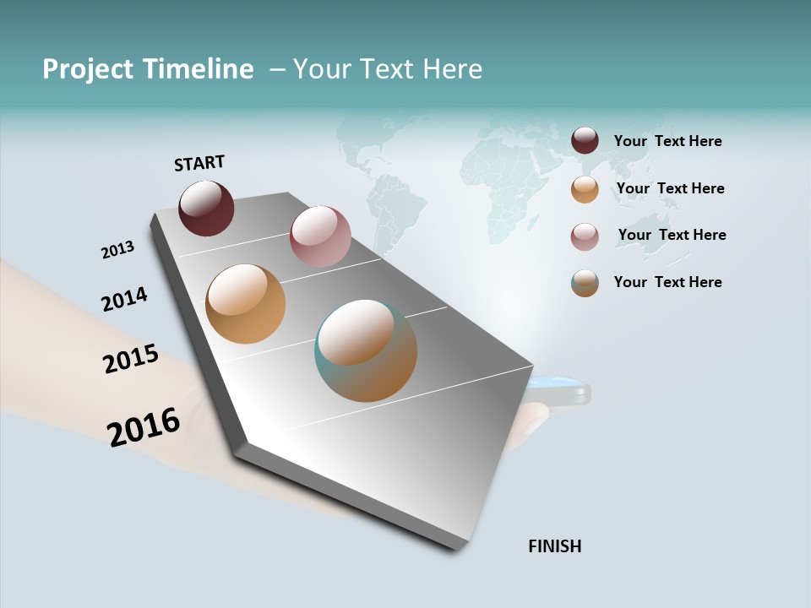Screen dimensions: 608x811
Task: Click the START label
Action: pyautogui.click(x=199, y=163)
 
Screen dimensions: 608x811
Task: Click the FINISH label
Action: pyautogui.click(x=554, y=546)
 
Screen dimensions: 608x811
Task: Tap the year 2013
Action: pyautogui.click(x=117, y=250)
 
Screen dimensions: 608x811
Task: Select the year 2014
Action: pyautogui.click(x=124, y=299)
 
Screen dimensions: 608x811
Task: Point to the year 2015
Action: pyautogui.click(x=131, y=359)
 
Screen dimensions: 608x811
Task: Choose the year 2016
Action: pyautogui.click(x=144, y=427)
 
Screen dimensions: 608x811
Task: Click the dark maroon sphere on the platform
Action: pyautogui.click(x=206, y=209)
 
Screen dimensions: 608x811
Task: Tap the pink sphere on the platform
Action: pyautogui.click(x=320, y=236)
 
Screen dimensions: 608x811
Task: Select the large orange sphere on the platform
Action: pyautogui.click(x=245, y=304)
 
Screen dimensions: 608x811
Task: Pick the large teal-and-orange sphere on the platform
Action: pyautogui.click(x=366, y=350)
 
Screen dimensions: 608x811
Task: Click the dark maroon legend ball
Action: pyautogui.click(x=585, y=141)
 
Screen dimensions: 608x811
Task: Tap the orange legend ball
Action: pyautogui.click(x=585, y=189)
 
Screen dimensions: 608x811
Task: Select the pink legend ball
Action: pyautogui.click(x=585, y=236)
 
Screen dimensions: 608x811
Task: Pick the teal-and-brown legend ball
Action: pyautogui.click(x=585, y=283)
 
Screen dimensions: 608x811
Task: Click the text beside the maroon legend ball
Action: pyautogui.click(x=667, y=141)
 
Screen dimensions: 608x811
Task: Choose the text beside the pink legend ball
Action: pyautogui.click(x=672, y=235)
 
